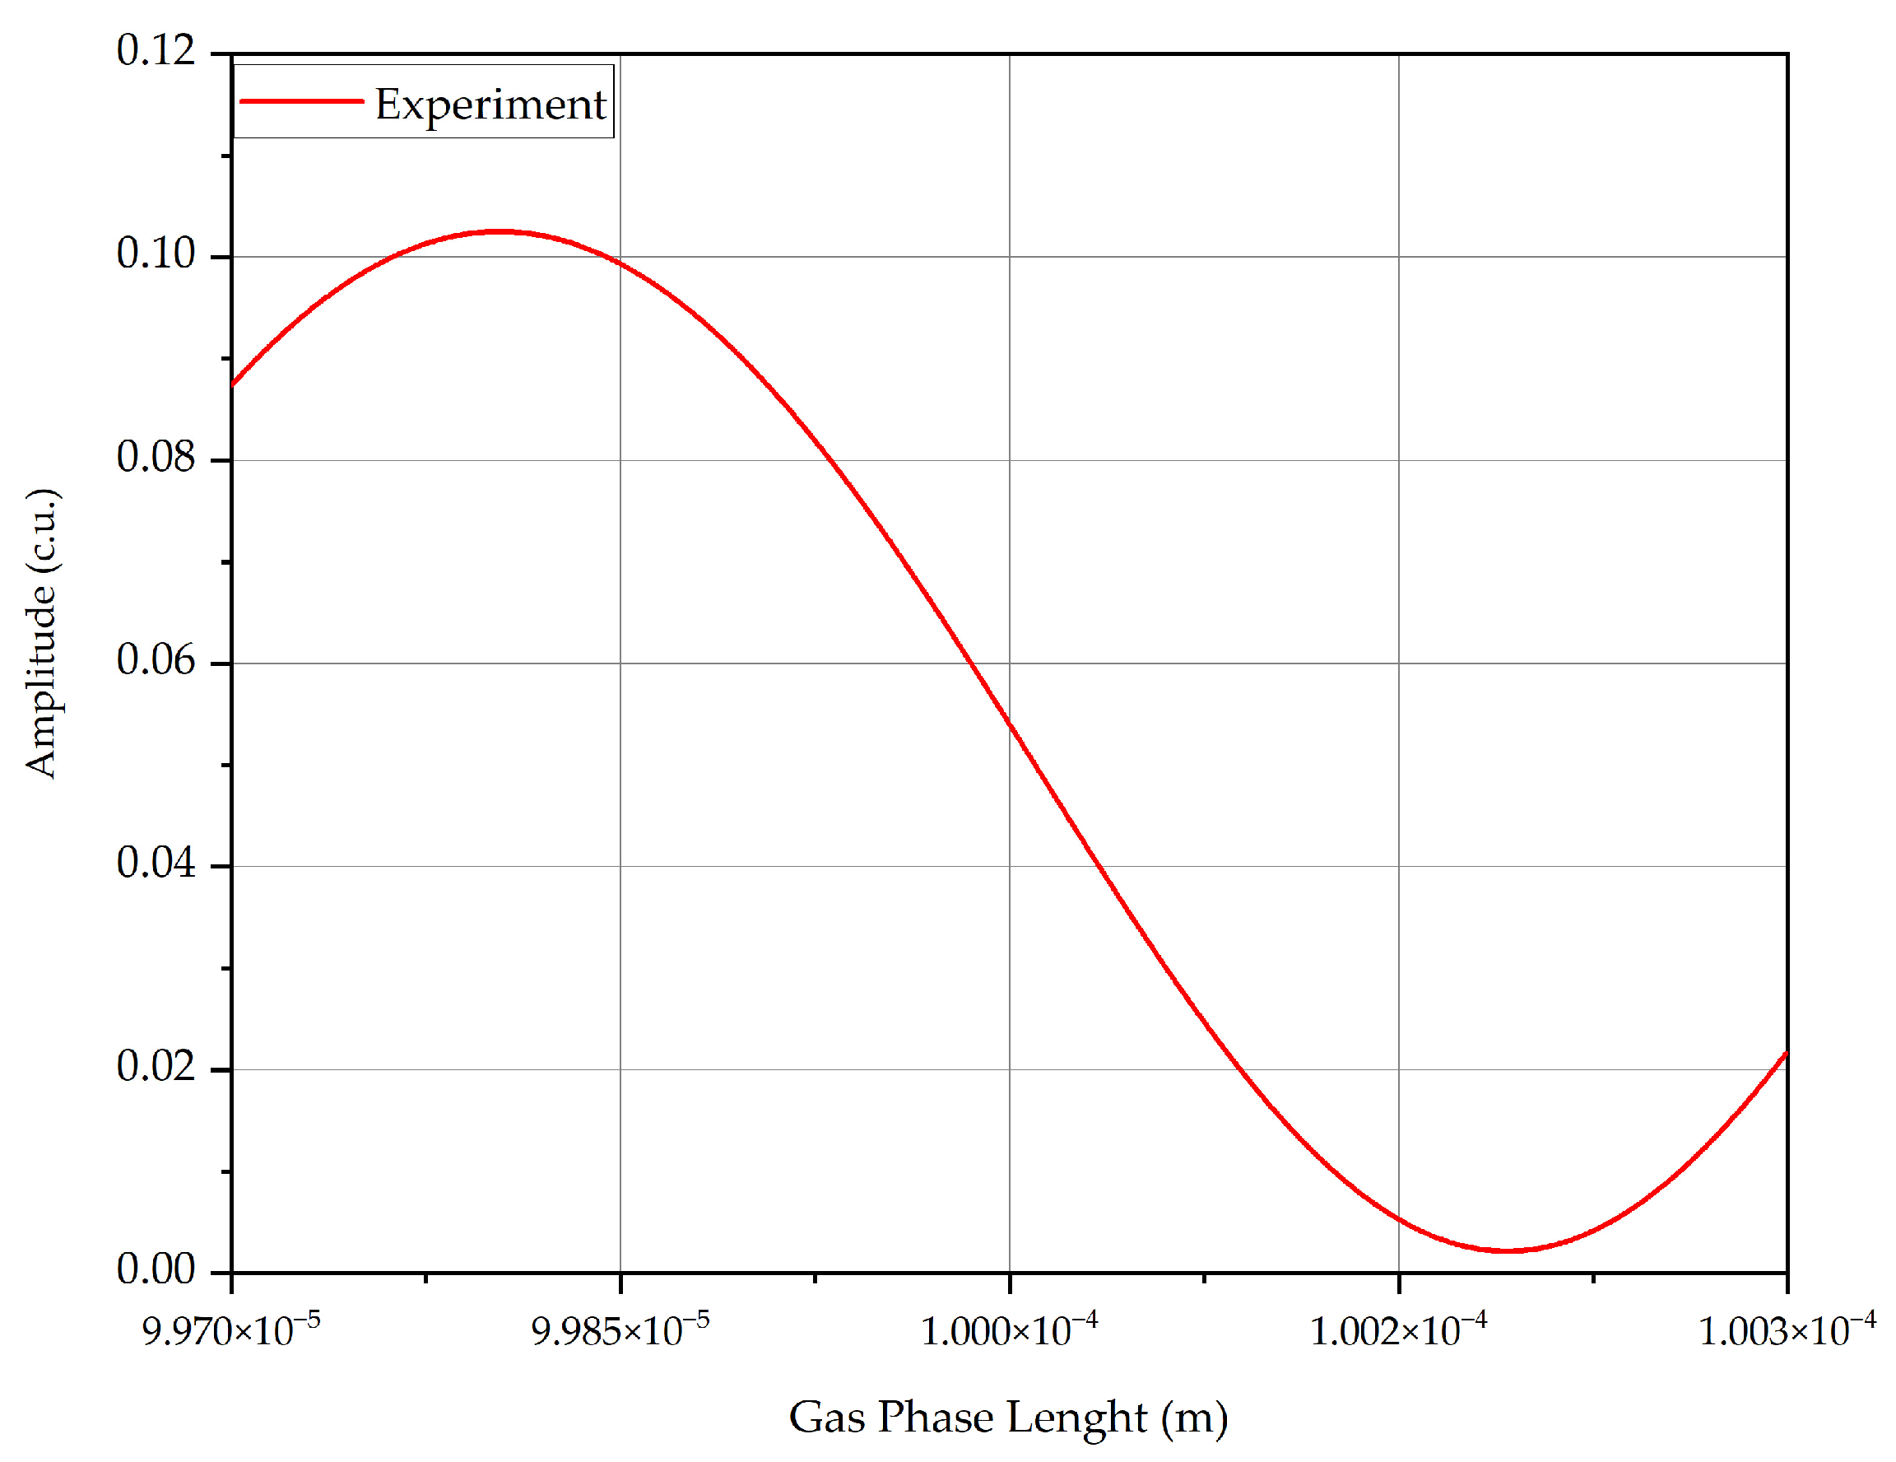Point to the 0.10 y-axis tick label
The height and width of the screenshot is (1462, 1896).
pyautogui.click(x=156, y=254)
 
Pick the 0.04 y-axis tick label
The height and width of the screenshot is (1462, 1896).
pyautogui.click(x=156, y=863)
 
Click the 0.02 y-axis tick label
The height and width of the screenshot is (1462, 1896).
pyautogui.click(x=156, y=1066)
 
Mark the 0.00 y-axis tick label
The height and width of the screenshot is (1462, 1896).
pyautogui.click(x=156, y=1269)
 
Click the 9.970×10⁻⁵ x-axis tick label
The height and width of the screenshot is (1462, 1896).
pyautogui.click(x=231, y=1330)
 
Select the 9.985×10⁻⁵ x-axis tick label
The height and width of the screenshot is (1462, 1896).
pyautogui.click(x=620, y=1330)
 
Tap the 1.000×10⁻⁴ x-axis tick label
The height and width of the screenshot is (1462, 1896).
pyautogui.click(x=1009, y=1330)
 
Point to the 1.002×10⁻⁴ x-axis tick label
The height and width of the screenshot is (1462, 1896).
pyautogui.click(x=1397, y=1330)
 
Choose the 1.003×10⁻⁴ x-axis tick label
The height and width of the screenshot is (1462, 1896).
pyautogui.click(x=1787, y=1330)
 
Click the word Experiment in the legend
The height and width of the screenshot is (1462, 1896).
pyautogui.click(x=490, y=105)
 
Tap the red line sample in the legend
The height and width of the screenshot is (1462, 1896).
pyautogui.click(x=300, y=101)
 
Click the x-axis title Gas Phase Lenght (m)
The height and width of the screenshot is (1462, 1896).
pyautogui.click(x=1008, y=1417)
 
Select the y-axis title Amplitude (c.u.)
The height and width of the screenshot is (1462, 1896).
pyautogui.click(x=42, y=633)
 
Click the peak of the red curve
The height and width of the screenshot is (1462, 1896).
pyautogui.click(x=500, y=232)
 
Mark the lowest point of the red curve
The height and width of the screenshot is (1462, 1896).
pyautogui.click(x=1508, y=1251)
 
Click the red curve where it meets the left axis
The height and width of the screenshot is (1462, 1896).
pyautogui.click(x=233, y=384)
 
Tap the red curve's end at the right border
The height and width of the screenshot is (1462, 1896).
pyautogui.click(x=1786, y=1053)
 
